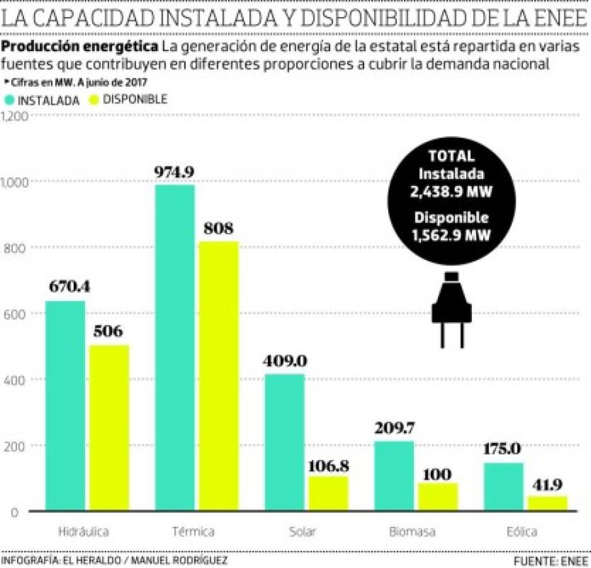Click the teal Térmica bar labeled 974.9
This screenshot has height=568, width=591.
pos(175,347)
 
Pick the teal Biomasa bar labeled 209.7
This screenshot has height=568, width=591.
pos(394,476)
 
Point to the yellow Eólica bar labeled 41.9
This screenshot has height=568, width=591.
pos(547,503)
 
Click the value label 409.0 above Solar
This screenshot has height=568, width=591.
pos(284,361)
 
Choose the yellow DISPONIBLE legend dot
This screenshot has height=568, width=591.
pos(95,100)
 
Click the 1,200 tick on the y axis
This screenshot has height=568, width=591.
pos(14,116)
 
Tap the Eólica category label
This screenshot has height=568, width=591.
pos(522,532)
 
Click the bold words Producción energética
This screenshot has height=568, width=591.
pos(80,46)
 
